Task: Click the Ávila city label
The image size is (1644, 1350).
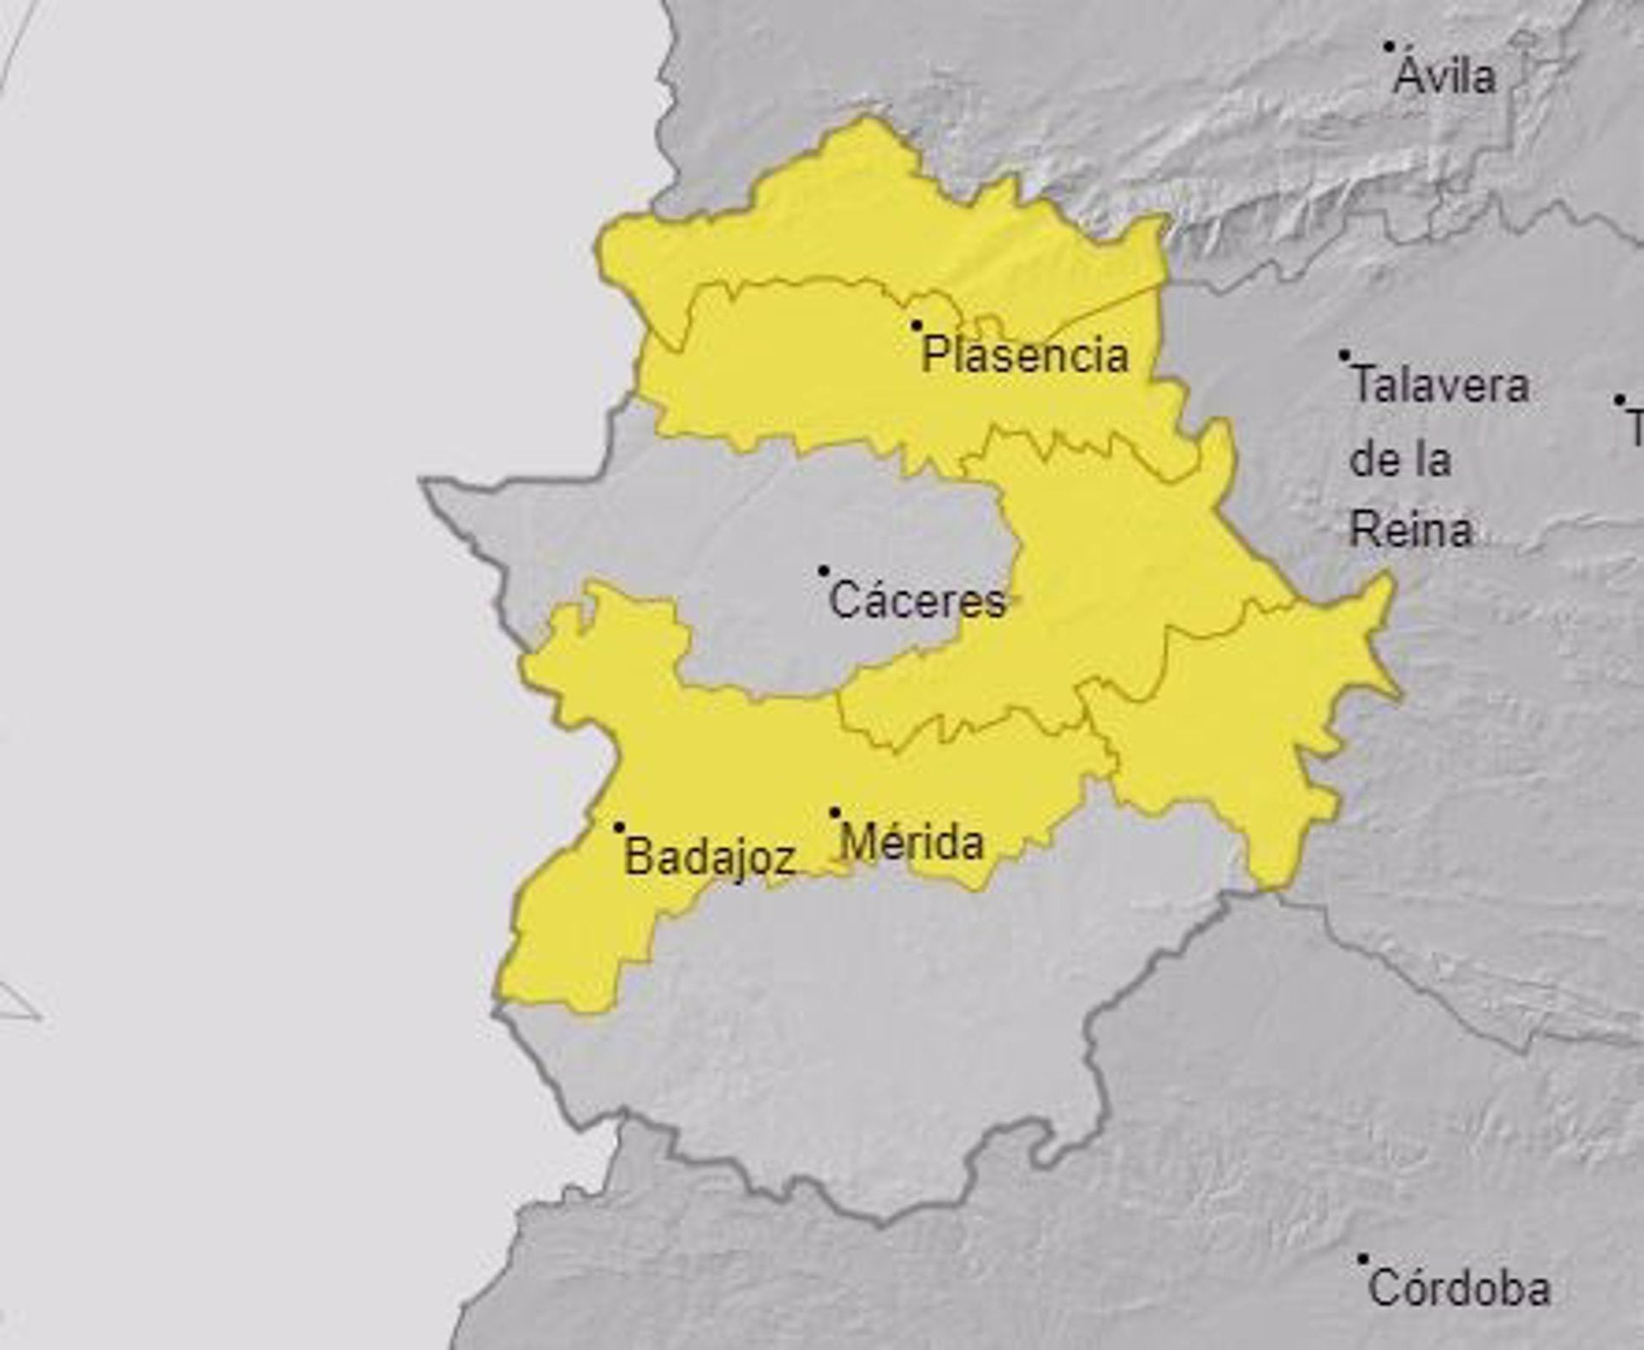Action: (x=1444, y=77)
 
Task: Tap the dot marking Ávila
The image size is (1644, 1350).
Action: (x=1391, y=47)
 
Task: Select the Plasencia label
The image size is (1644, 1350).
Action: (x=1025, y=355)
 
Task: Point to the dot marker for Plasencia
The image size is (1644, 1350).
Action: (x=916, y=325)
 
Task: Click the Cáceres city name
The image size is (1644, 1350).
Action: (x=917, y=600)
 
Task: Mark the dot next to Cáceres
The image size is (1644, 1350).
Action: (x=824, y=570)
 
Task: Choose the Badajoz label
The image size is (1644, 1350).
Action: (x=711, y=856)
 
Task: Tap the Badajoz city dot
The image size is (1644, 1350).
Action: (x=619, y=828)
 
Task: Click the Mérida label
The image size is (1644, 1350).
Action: (x=912, y=842)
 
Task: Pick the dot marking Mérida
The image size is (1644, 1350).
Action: (x=835, y=812)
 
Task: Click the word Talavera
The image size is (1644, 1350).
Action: (x=1439, y=385)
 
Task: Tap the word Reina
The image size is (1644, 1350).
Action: (x=1411, y=530)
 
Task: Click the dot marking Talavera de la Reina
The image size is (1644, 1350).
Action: (x=1345, y=355)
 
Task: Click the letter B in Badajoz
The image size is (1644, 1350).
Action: (x=638, y=856)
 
